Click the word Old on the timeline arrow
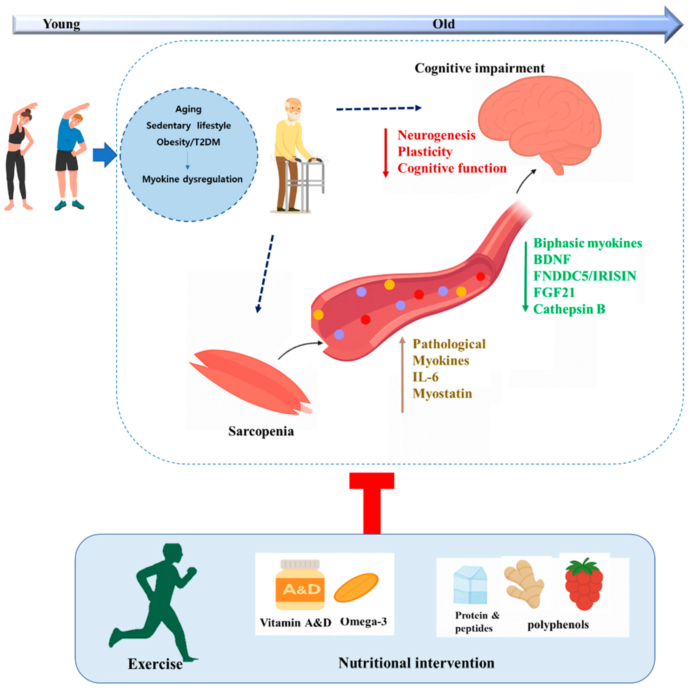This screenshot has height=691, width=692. pos(443,24)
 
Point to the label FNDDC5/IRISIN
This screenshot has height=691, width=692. pos(585,276)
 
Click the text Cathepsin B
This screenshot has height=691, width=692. pos(569,309)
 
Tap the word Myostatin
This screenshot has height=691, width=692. pos(442,394)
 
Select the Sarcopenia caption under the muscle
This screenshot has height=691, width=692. pos(261,431)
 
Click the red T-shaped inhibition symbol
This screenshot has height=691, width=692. pos(372,502)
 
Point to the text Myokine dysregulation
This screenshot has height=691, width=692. pos(192,179)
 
